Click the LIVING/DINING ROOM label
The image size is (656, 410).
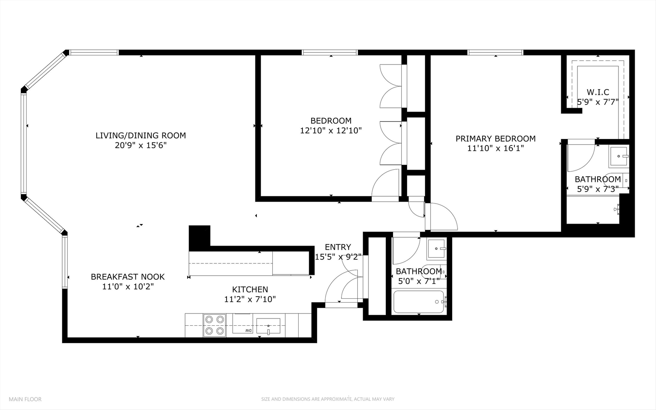click(140, 136)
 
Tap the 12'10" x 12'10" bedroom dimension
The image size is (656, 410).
click(330, 131)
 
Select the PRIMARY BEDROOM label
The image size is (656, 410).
click(495, 139)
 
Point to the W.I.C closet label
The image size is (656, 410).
click(598, 92)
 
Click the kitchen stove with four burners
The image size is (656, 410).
click(214, 325)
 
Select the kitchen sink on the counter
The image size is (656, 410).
click(268, 326)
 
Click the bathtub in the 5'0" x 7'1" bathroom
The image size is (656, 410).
click(419, 302)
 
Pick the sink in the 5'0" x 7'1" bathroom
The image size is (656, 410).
click(437, 249)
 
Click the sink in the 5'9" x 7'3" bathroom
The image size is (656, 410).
click(619, 156)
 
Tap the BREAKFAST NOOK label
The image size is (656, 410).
click(127, 277)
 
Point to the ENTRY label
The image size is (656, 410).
click(338, 247)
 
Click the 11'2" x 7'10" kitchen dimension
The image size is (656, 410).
click(250, 299)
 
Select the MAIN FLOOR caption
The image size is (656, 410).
click(25, 399)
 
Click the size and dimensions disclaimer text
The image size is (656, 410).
click(327, 399)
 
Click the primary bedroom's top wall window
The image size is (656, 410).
click(495, 53)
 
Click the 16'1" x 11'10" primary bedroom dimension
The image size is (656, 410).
click(495, 148)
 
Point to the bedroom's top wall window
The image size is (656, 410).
click(329, 53)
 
